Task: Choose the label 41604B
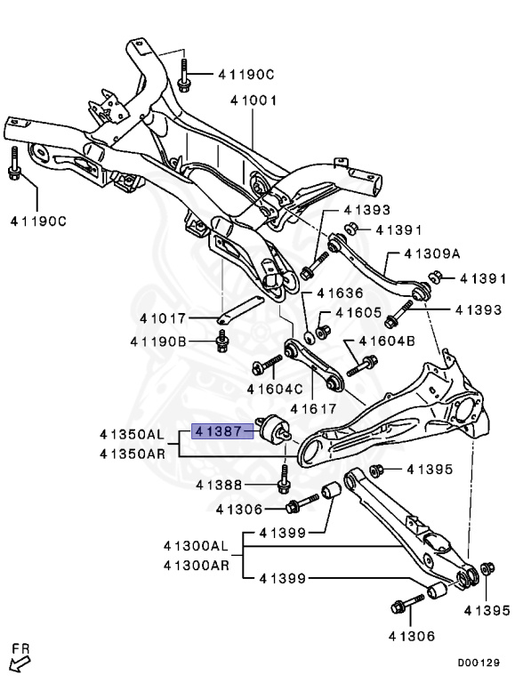coord(387,341)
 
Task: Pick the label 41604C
coord(275,389)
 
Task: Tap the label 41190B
coord(157,341)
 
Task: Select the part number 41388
coord(220,485)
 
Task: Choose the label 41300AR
coord(195,564)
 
